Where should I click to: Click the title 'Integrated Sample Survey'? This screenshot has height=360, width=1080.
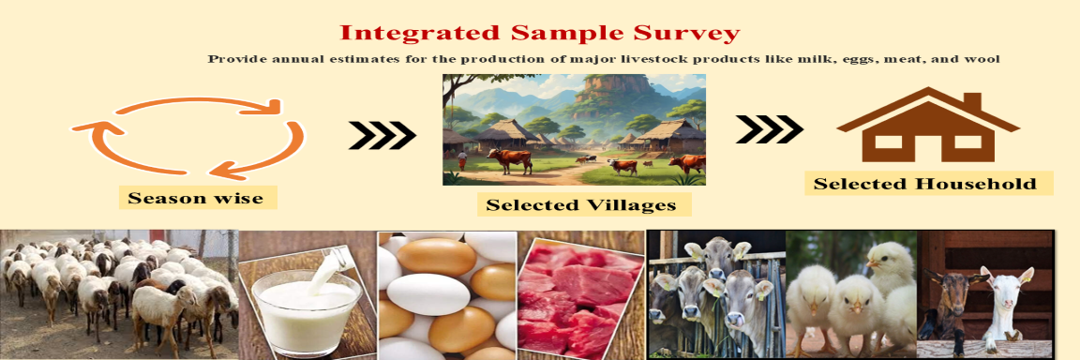(x=539, y=34)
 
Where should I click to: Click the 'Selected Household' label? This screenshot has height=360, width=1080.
(x=924, y=183)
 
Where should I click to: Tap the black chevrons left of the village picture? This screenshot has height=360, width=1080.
(x=382, y=136)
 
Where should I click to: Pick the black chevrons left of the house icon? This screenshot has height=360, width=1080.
(x=769, y=130)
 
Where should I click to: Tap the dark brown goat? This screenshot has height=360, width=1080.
(x=946, y=300)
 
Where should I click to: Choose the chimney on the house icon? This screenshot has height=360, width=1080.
(x=971, y=100)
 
